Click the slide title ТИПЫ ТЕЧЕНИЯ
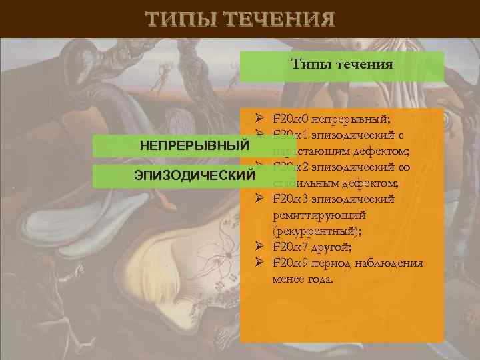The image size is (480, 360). point(240,19)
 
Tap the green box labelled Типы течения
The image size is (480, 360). point(342,65)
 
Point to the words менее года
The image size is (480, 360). point(301,279)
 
